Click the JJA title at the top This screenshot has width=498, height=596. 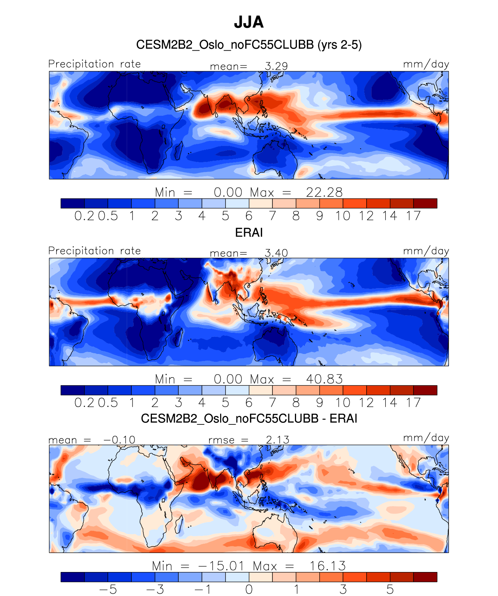[x=249, y=22]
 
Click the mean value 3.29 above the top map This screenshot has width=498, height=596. [x=276, y=66]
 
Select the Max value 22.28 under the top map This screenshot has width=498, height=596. [x=324, y=192]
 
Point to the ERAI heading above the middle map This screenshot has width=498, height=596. [x=249, y=233]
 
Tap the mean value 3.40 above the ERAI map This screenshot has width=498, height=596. [x=276, y=253]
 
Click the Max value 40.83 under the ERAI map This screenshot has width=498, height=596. [x=324, y=379]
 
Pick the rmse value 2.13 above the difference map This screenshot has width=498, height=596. [x=277, y=440]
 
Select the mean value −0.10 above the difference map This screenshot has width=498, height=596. [x=119, y=440]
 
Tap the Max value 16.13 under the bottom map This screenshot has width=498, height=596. [x=327, y=566]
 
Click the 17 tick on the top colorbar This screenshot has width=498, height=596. [x=413, y=216]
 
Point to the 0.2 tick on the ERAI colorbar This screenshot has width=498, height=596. [x=84, y=403]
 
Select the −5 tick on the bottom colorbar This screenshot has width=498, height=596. [x=108, y=589]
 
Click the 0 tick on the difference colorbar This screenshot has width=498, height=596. [x=249, y=589]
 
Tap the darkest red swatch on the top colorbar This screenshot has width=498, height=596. [x=425, y=203]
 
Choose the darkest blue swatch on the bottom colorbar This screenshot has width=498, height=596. [x=72, y=577]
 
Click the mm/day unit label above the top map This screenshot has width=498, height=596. [x=426, y=64]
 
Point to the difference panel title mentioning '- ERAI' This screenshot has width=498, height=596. [x=249, y=419]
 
